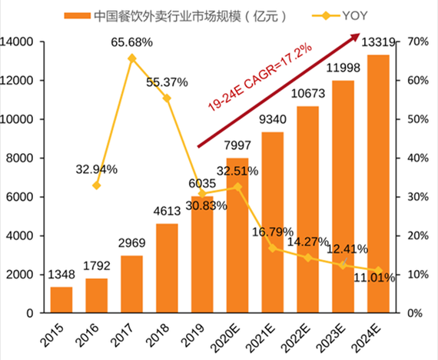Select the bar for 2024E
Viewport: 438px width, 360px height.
coord(378,185)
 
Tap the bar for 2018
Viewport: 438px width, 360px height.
coord(167,268)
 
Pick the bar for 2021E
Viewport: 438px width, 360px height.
coord(272,222)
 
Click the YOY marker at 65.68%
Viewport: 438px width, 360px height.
coord(131,58)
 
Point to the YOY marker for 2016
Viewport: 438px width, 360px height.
coord(96,185)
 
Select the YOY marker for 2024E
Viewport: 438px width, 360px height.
coord(378,271)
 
